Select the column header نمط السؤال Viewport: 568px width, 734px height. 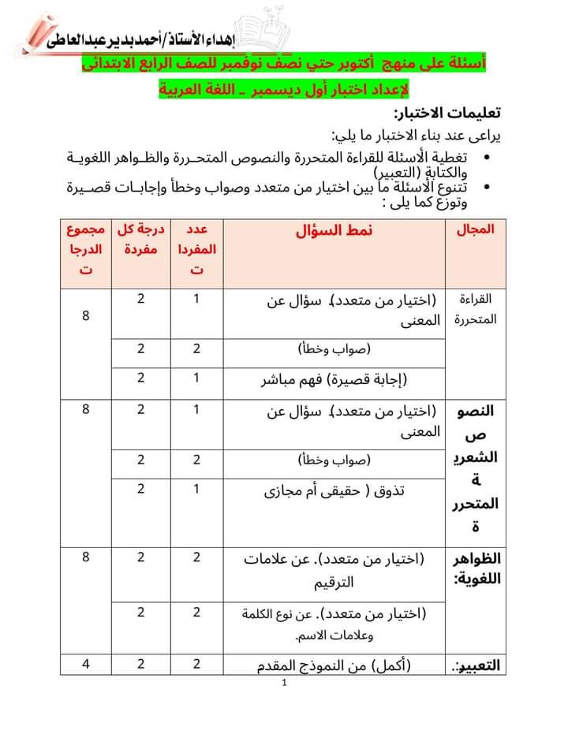click(334, 231)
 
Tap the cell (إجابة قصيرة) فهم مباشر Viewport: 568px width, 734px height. click(336, 380)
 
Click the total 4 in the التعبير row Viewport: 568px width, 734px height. click(86, 664)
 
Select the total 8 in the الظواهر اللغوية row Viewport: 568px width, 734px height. click(86, 558)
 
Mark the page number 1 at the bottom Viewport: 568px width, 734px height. click(283, 684)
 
